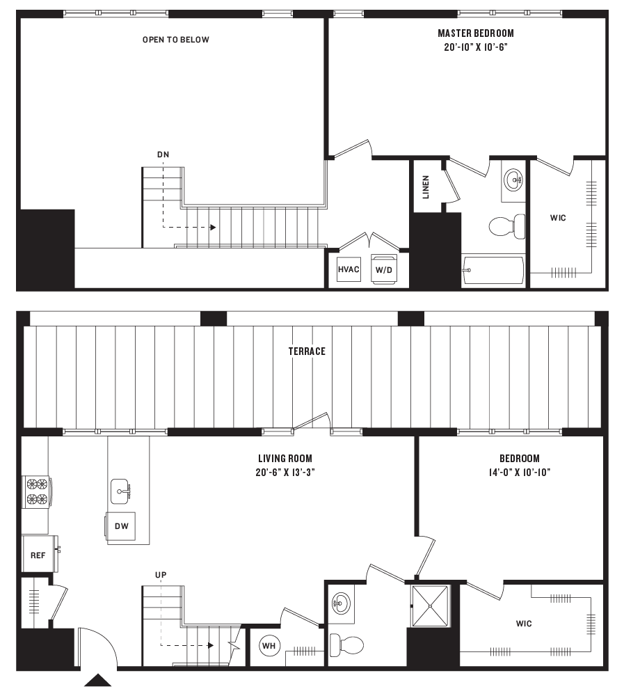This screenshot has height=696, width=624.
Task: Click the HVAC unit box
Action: click(349, 268)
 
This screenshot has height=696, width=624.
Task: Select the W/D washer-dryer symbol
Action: click(382, 268)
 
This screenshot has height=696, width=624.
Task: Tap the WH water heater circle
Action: click(269, 646)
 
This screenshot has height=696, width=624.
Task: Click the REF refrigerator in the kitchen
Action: click(38, 555)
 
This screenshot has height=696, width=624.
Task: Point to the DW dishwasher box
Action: click(121, 527)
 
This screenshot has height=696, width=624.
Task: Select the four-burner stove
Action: click(36, 489)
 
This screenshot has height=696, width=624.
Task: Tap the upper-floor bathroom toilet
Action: click(506, 225)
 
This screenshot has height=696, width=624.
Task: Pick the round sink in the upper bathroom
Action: click(514, 181)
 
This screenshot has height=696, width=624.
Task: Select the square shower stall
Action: click(431, 606)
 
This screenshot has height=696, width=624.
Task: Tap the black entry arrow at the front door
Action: click(98, 680)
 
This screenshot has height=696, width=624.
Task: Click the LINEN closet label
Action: click(426, 186)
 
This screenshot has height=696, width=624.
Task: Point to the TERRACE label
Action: click(307, 351)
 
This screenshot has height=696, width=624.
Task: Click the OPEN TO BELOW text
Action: click(175, 40)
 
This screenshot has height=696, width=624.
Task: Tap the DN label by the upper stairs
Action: click(163, 155)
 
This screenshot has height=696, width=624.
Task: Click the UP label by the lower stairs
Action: click(161, 574)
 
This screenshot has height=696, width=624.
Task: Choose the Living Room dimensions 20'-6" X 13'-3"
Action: click(285, 472)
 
